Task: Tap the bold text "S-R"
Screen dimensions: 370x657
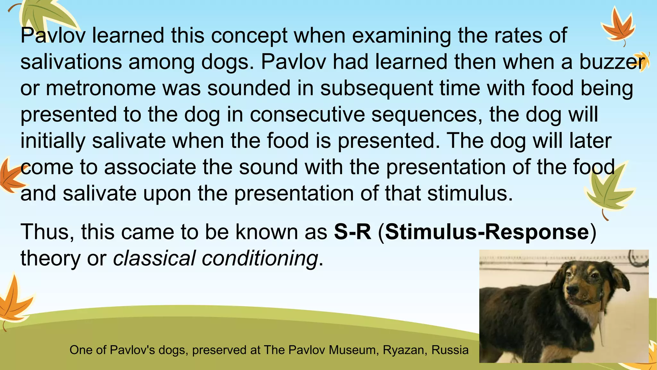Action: pyautogui.click(x=352, y=232)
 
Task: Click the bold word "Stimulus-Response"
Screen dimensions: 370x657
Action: pyautogui.click(x=487, y=232)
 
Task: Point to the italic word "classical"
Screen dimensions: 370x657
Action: pyautogui.click(x=154, y=258)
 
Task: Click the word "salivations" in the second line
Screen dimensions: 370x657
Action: pyautogui.click(x=71, y=62)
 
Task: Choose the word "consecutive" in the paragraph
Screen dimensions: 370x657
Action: pyautogui.click(x=307, y=115)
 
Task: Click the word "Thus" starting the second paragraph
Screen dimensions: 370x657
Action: pyautogui.click(x=47, y=232)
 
